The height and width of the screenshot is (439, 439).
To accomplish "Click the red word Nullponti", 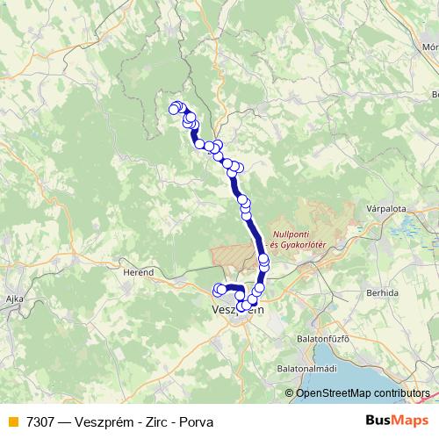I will coord(293,234).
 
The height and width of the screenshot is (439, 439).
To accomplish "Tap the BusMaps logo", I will coord(403,421).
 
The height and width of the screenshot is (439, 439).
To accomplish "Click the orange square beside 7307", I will coord(12,421).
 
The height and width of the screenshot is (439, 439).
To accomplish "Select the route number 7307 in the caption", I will coord(41,421).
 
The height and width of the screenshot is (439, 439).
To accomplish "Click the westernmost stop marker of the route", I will coord(173,108).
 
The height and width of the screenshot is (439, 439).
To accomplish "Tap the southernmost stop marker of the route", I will coord(241,307).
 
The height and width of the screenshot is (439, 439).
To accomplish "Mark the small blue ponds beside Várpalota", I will coord(405,230).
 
